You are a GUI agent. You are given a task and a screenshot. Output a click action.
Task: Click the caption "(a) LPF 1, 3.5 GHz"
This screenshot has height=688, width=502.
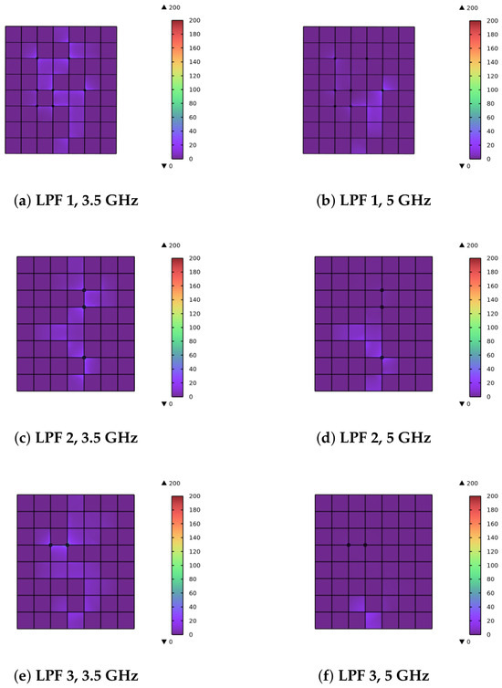pos(76,201)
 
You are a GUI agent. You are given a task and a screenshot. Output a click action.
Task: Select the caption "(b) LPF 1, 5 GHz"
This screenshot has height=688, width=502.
pos(373,201)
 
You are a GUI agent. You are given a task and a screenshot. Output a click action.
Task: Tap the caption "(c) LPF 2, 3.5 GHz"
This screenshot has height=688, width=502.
pos(76,438)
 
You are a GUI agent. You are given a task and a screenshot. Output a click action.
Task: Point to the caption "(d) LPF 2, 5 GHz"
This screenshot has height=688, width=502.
pos(373,438)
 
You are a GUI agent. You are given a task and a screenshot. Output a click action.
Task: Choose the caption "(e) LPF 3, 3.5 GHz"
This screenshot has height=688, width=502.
pos(76,676)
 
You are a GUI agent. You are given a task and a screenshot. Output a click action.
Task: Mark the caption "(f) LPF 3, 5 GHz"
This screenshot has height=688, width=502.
pos(373,676)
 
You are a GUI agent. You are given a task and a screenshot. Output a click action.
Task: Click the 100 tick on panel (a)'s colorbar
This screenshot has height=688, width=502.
pos(194,89)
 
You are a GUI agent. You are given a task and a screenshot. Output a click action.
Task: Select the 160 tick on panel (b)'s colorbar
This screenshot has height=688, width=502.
pos(492,48)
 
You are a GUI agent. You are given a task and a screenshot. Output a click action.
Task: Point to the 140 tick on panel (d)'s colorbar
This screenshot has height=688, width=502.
pos(492,299)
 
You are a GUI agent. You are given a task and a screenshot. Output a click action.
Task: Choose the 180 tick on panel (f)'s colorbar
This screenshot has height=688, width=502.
pos(492,510)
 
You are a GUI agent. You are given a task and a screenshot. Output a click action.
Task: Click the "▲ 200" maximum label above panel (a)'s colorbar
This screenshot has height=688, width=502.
pos(172,7)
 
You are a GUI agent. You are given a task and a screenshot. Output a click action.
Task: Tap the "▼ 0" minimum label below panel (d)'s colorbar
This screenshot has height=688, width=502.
pos(465,403)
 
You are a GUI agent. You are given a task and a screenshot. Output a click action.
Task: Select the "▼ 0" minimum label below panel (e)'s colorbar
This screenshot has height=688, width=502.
pos(167,641)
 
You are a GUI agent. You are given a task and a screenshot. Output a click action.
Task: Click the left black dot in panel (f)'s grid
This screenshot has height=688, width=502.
pos(349,545)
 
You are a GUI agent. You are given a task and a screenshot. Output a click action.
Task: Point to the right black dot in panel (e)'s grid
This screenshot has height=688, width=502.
pos(68,545)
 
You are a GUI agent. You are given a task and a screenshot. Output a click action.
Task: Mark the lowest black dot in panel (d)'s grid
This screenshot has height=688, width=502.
pos(382,358)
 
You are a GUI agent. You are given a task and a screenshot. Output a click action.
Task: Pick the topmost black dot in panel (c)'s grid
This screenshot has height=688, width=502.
pos(84,290)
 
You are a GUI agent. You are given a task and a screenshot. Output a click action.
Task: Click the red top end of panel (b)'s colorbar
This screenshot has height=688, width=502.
pos(476,23)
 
